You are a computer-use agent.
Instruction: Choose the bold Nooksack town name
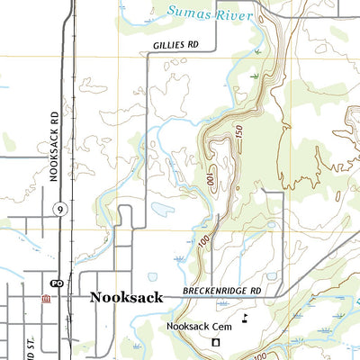tap(126, 297)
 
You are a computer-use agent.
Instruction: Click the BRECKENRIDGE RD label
tap(221, 292)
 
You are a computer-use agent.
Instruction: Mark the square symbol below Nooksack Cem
tap(215, 343)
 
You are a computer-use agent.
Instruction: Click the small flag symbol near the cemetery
tap(245, 318)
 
